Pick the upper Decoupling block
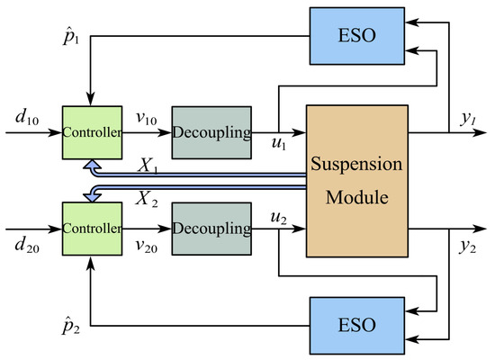click(x=210, y=132)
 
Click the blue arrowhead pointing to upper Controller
click(x=89, y=166)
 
